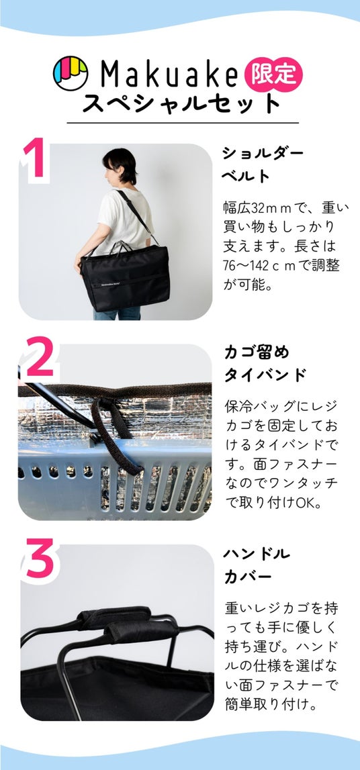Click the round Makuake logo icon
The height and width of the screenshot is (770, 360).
(71, 73)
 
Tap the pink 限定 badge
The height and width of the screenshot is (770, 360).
(274, 74)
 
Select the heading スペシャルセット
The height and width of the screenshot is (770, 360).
(182, 103)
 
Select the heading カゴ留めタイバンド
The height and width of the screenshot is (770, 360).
(265, 364)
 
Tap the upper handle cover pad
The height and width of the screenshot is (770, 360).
(114, 617)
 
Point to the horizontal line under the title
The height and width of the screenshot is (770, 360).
(182, 122)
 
